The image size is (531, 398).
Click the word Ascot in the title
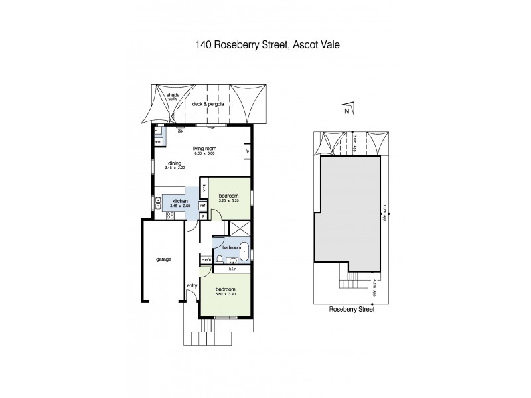coord(306,45)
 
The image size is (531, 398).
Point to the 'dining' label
coord(175,163)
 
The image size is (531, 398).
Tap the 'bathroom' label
coord(230,247)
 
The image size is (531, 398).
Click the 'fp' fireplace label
coord(246,151)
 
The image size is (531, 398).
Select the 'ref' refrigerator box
coord(202,205)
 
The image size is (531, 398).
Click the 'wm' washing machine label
coord(159,141)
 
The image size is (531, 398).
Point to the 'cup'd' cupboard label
coord(206,259)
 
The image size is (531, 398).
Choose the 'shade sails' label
coord(173,97)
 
